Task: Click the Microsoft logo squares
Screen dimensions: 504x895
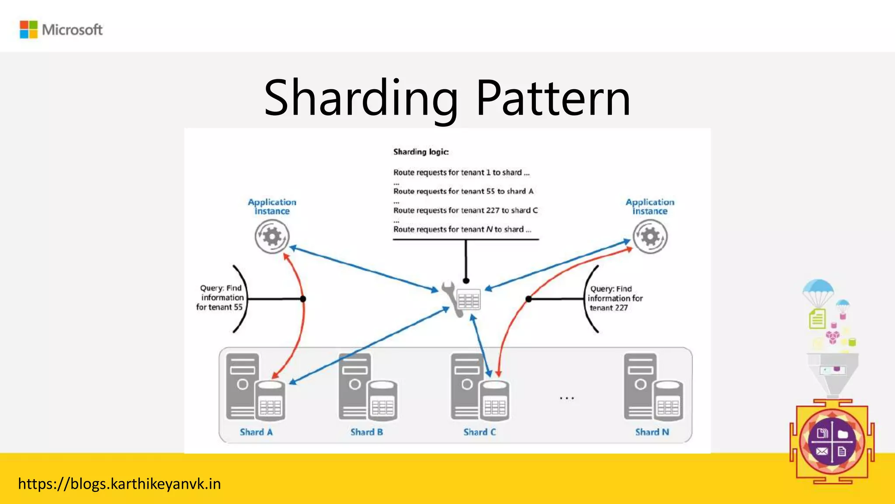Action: pyautogui.click(x=29, y=30)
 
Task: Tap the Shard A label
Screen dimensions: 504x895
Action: pyautogui.click(x=256, y=432)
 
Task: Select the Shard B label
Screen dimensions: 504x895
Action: pyautogui.click(x=367, y=432)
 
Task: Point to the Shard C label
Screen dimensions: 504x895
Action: pyautogui.click(x=479, y=432)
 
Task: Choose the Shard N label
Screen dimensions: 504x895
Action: pyautogui.click(x=652, y=432)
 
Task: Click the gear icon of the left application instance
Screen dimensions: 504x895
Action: pyautogui.click(x=272, y=237)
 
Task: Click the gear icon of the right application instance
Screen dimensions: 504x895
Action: pyautogui.click(x=650, y=237)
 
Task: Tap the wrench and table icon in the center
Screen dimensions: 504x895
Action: pyautogui.click(x=462, y=300)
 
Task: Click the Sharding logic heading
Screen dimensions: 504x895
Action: pyautogui.click(x=421, y=152)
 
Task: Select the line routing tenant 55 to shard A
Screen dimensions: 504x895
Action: pyautogui.click(x=463, y=191)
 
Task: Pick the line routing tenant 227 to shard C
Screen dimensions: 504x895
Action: pyautogui.click(x=465, y=210)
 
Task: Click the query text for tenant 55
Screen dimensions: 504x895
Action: pyautogui.click(x=220, y=297)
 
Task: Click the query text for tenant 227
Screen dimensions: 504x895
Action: pyautogui.click(x=614, y=298)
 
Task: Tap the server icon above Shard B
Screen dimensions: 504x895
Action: pyautogui.click(x=368, y=387)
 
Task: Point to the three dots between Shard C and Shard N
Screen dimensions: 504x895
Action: pyautogui.click(x=567, y=398)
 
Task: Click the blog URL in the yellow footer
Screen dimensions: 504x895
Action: pyautogui.click(x=119, y=484)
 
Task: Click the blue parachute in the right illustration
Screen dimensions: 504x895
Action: pyautogui.click(x=818, y=289)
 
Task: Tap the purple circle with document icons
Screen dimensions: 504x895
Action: pyautogui.click(x=832, y=442)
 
